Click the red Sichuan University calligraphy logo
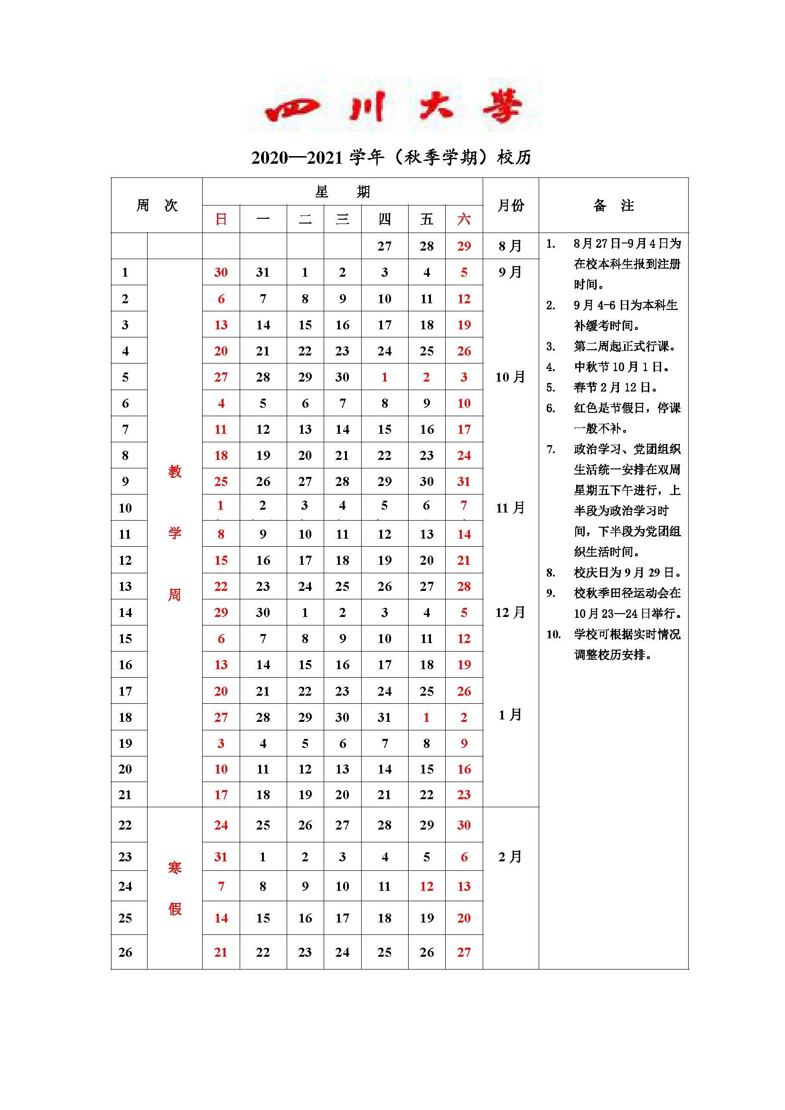coord(393,106)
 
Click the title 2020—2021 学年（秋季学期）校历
coord(391,158)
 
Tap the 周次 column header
coord(157,205)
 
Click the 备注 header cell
coord(613,205)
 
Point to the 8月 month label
coord(510,246)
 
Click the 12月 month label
coord(510,613)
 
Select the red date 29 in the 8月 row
coord(464,246)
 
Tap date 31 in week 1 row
coord(263,272)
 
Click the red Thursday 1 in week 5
coord(384,377)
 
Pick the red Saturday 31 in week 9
coord(464,482)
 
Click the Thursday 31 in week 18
coord(384,718)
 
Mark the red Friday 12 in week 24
coord(426,886)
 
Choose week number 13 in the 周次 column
coord(125,587)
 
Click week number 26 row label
coord(125,952)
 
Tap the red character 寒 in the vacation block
coord(175,868)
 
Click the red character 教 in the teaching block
coord(175,471)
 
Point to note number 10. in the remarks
coord(553,634)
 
